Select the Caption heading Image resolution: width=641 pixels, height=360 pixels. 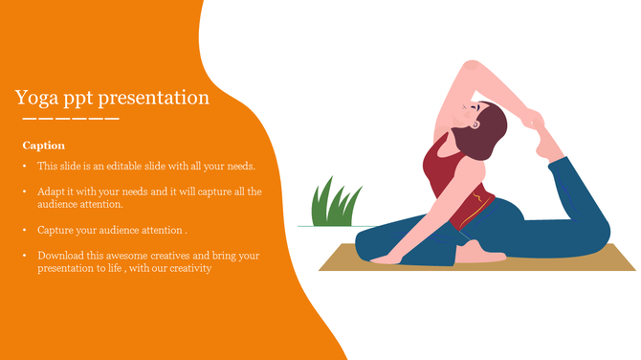pyautogui.click(x=44, y=146)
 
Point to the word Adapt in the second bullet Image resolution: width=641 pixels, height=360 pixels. pyautogui.click(x=53, y=191)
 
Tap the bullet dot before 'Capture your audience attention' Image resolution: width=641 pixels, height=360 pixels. pyautogui.click(x=26, y=231)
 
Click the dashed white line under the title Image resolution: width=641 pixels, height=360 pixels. pyautogui.click(x=71, y=119)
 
